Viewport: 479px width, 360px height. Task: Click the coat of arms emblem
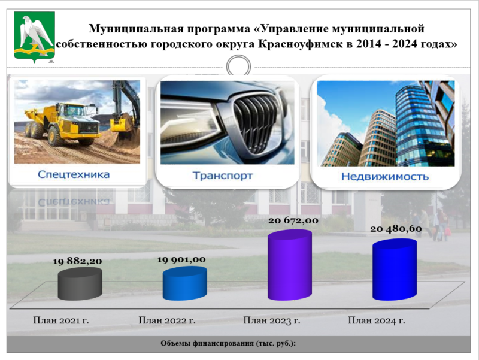(34, 37)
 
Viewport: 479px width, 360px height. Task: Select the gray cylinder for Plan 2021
(80, 283)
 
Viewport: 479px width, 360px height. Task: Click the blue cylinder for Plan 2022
(185, 283)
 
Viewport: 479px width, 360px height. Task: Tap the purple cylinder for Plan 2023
(290, 265)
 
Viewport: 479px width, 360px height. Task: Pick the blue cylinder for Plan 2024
(395, 269)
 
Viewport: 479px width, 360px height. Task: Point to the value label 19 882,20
(77, 261)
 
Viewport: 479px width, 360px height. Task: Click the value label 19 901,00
(181, 260)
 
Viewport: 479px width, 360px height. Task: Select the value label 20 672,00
(293, 220)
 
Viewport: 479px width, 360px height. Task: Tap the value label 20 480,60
(396, 229)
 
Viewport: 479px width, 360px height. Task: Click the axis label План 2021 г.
(61, 320)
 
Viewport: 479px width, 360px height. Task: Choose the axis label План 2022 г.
(167, 320)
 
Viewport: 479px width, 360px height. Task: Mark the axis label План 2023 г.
(272, 320)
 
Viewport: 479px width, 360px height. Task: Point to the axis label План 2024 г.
(377, 320)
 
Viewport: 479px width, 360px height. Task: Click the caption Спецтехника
(74, 174)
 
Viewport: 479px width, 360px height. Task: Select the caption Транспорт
(222, 176)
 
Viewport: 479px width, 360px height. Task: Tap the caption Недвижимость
(385, 177)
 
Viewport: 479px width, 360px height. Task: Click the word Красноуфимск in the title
(301, 44)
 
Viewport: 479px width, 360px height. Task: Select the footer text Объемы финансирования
(207, 343)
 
